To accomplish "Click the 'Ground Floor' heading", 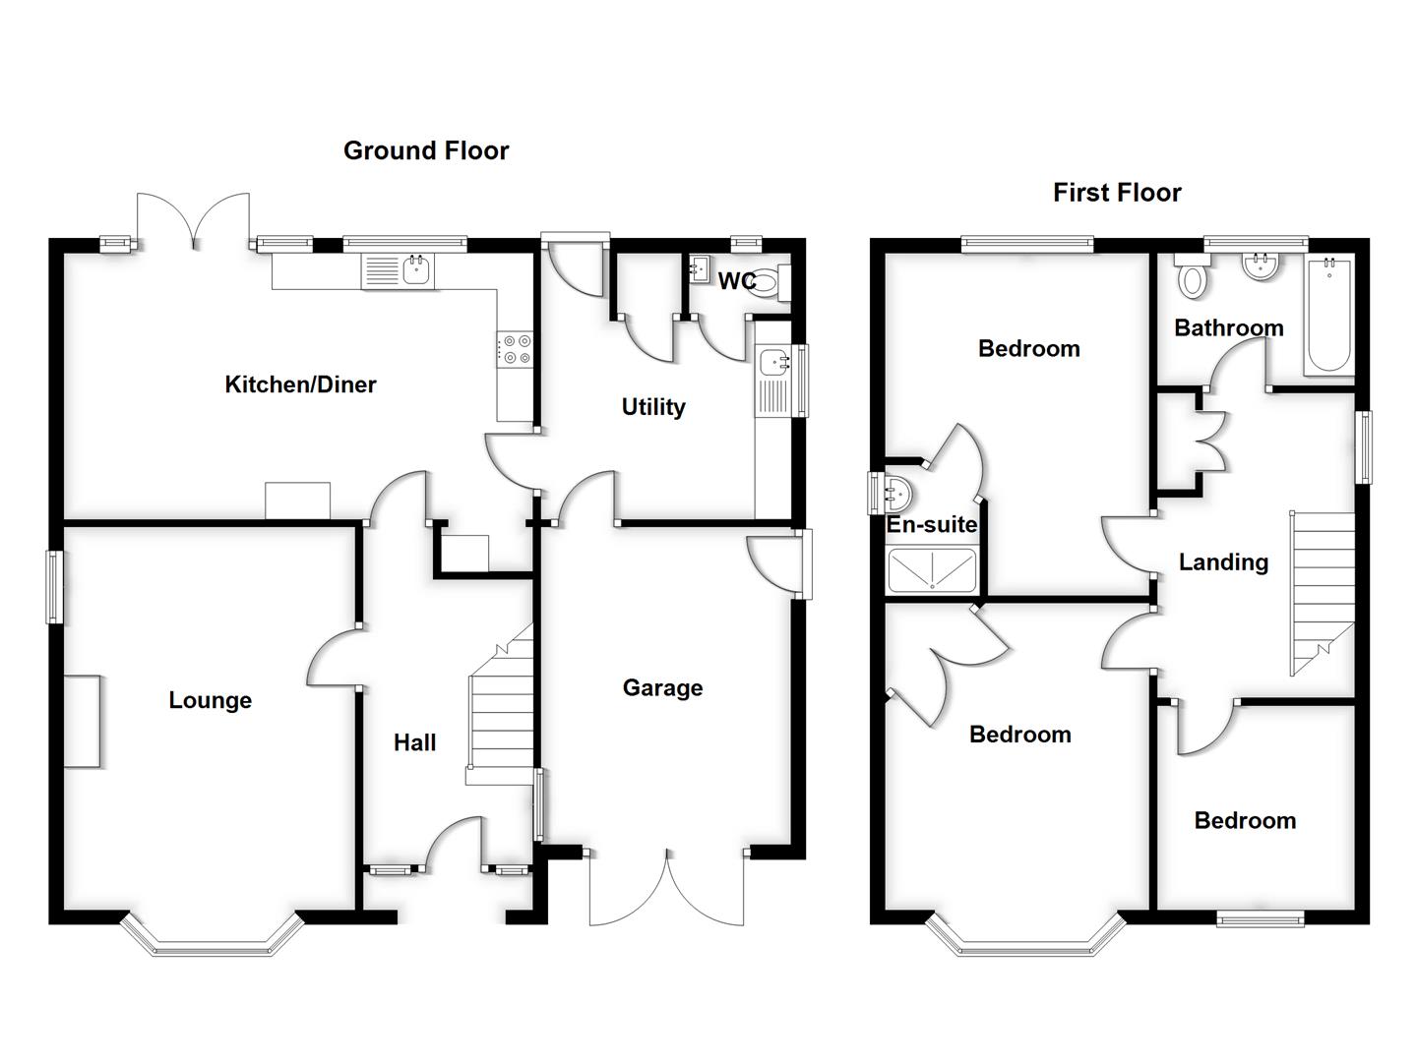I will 426,150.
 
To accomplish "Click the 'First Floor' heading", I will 1117,193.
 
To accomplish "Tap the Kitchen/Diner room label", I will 300,384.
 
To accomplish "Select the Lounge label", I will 210,700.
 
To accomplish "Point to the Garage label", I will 662,687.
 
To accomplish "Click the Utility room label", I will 652,407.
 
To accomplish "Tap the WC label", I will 736,281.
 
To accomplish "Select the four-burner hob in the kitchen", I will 515,349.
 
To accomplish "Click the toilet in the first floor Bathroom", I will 1192,277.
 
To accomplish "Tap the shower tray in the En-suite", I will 932,571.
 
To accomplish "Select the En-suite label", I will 931,525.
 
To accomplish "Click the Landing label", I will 1223,562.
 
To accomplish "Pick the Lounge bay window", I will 212,940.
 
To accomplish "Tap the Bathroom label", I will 1228,328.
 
